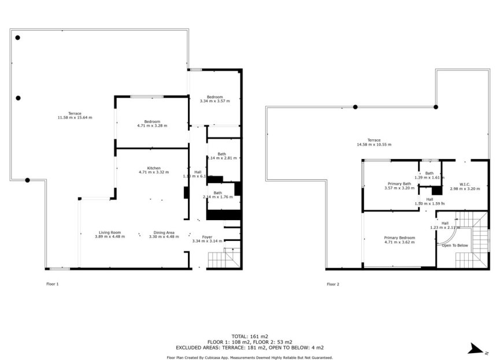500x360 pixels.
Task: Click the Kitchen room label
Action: [x=153, y=168]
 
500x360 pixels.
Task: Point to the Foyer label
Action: [x=207, y=237]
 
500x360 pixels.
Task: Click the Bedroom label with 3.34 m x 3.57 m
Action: [x=214, y=97]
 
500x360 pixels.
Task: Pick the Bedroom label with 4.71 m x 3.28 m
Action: [x=152, y=121]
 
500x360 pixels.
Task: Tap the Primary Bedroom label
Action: [x=399, y=237]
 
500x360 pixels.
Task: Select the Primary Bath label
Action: [x=399, y=184]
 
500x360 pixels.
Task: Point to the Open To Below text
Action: [x=455, y=246]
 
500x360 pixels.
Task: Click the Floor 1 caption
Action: [x=52, y=284]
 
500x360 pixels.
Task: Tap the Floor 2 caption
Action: [x=333, y=284]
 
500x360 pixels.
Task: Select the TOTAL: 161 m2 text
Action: [x=250, y=336]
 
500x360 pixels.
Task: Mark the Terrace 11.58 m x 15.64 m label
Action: [x=75, y=113]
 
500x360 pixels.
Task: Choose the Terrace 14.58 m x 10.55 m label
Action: [x=374, y=140]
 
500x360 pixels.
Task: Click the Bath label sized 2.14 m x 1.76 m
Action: [x=217, y=193]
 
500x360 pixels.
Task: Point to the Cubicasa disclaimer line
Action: [x=250, y=358]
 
